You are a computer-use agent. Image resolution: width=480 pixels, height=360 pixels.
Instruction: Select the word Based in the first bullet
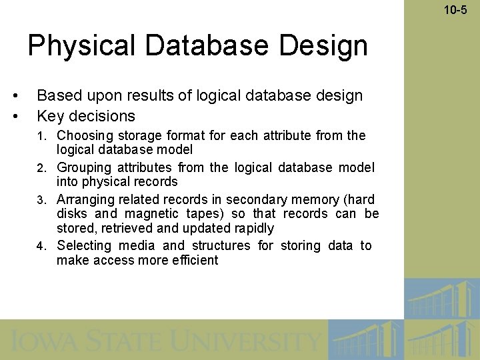[57, 95]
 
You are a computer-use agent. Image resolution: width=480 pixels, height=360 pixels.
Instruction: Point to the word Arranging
[85, 199]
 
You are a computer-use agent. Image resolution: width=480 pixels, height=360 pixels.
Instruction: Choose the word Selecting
[84, 245]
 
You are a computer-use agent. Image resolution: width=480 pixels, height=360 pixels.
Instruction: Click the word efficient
[195, 260]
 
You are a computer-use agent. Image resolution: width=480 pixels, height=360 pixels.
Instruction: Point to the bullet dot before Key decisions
[15, 116]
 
